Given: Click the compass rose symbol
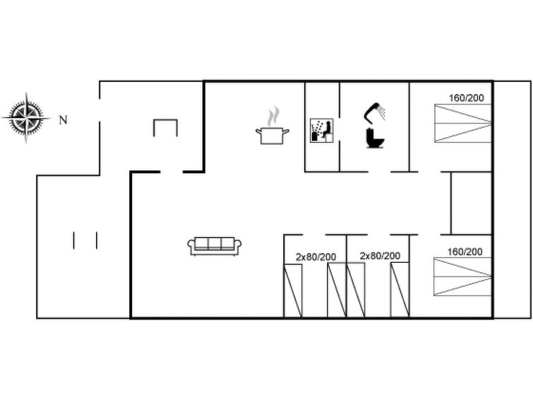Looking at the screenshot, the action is coord(26,118).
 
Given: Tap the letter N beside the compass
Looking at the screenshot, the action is coord(64,120).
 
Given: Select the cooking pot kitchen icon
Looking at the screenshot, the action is coord(273,136).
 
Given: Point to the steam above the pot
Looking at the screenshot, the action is coord(273,117).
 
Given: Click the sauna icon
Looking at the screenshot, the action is coord(322,130).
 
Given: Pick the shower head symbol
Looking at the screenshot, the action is coord(375,112).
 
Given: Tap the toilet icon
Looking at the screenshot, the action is coord(375,139).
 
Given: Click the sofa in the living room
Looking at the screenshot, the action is coord(215,246).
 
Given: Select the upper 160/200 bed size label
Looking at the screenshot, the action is coord(467,98).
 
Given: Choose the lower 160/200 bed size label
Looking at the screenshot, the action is coord(465,252).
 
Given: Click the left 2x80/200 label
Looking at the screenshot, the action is coord(316,257).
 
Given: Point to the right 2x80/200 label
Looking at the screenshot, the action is coord(380,256).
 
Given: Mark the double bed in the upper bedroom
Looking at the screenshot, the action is coord(463,123).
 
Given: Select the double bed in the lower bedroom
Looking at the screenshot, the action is coord(462,277).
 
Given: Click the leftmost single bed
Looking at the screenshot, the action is coord(293,290).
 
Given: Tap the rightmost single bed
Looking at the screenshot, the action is coord(400,290).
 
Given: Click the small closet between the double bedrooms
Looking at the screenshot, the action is coord(472,204).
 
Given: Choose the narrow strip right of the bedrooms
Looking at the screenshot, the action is coord(513,199).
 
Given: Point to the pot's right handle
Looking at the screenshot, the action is coord(286,131).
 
